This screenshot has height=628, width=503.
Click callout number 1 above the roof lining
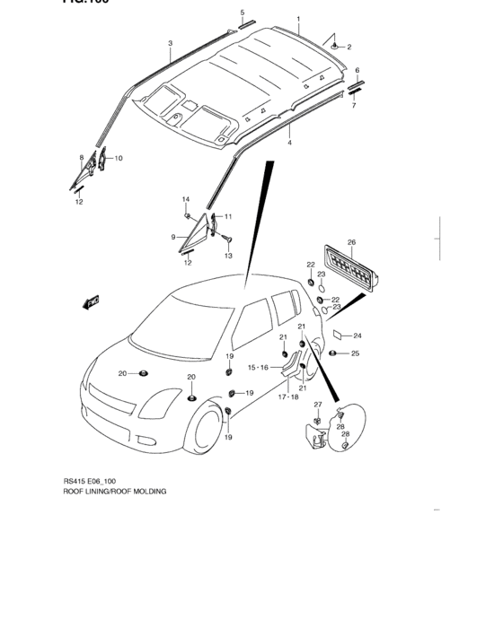point(299,18)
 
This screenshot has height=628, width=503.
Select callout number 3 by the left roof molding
point(170,42)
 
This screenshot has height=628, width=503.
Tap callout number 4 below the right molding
point(289,143)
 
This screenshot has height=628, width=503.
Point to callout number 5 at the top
point(242,12)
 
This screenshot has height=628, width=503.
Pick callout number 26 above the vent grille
point(351,242)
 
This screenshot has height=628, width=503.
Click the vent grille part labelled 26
point(349,267)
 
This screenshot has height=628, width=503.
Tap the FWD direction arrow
point(93,302)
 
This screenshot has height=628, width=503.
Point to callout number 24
point(357,335)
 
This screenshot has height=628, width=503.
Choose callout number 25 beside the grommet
point(355,353)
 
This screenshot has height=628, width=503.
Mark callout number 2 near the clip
point(349,47)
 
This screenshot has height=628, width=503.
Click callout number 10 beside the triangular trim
point(119,158)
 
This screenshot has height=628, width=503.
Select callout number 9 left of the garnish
point(172,237)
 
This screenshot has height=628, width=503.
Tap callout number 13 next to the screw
point(228,256)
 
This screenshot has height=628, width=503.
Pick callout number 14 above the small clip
point(186,199)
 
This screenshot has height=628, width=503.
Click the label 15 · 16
point(259,367)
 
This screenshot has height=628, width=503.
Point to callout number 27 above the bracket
point(317,406)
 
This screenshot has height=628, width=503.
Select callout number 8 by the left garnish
point(81,158)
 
